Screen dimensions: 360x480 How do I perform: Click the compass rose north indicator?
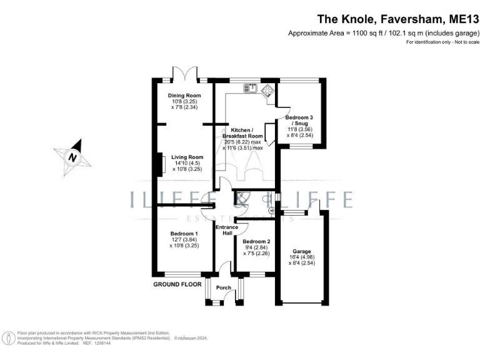point(72,157)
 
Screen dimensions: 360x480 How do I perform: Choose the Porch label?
point(224,287)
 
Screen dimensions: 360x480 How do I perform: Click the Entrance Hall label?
point(226,230)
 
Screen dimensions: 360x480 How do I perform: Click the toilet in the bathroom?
point(267,200)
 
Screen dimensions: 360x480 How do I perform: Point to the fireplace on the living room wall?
point(160,165)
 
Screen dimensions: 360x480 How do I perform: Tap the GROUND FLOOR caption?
point(177,284)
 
